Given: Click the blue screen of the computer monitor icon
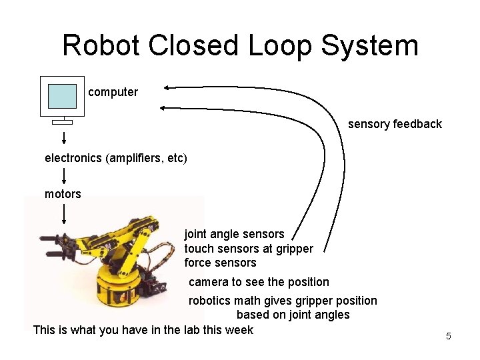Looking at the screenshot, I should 63,97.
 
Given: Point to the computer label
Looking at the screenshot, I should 113,92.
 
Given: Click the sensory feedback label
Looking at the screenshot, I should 395,124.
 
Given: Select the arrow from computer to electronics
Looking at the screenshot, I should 64,138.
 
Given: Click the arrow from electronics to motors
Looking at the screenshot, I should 64,175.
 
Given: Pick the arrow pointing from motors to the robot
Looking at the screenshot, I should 64,213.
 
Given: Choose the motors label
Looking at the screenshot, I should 63,194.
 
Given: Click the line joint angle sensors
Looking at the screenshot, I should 234,234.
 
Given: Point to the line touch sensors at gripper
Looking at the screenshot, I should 249,249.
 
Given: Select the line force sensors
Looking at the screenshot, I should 220,263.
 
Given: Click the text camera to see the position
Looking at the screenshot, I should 259,282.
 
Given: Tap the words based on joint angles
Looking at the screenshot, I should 293,315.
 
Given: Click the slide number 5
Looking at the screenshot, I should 448,336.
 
